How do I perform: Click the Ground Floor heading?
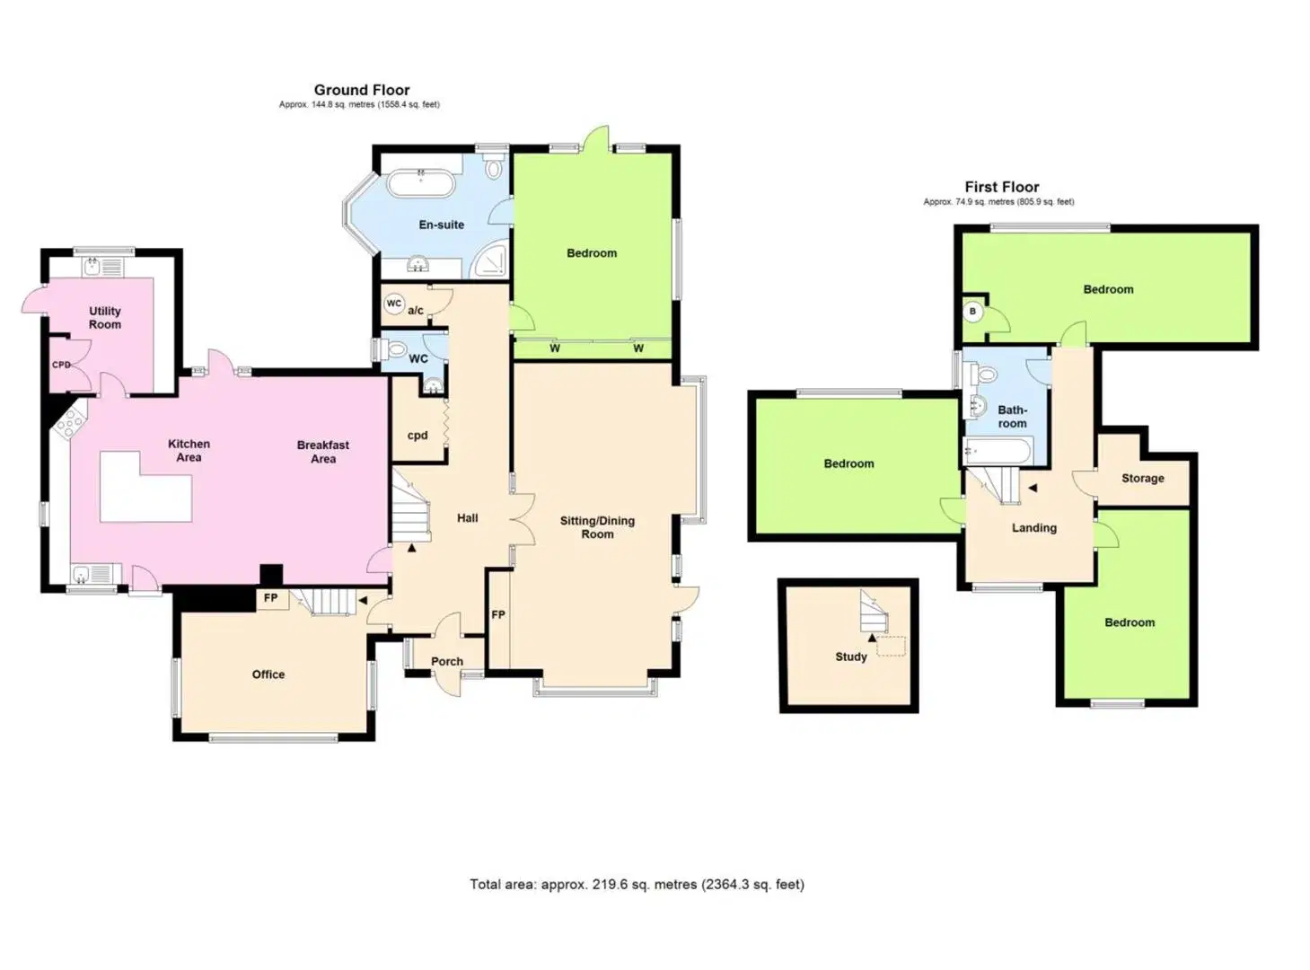[362, 90]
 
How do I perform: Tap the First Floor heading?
[1002, 188]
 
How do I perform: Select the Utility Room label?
[105, 318]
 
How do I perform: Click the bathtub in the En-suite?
[421, 182]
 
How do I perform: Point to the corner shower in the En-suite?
[491, 261]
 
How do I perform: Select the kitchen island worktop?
[145, 487]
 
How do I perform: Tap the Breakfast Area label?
[323, 452]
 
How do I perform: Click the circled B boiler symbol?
[972, 312]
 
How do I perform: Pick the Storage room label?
[1143, 479]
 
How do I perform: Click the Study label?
[851, 657]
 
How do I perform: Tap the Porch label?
[447, 662]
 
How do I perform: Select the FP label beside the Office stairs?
[270, 598]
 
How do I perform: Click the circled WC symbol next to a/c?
[394, 304]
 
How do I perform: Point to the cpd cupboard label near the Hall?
[418, 436]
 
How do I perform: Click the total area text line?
[637, 885]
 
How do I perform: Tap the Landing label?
[1034, 528]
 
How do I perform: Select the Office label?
[268, 675]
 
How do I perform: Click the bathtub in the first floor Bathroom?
[997, 452]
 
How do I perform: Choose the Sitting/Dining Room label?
[598, 527]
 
